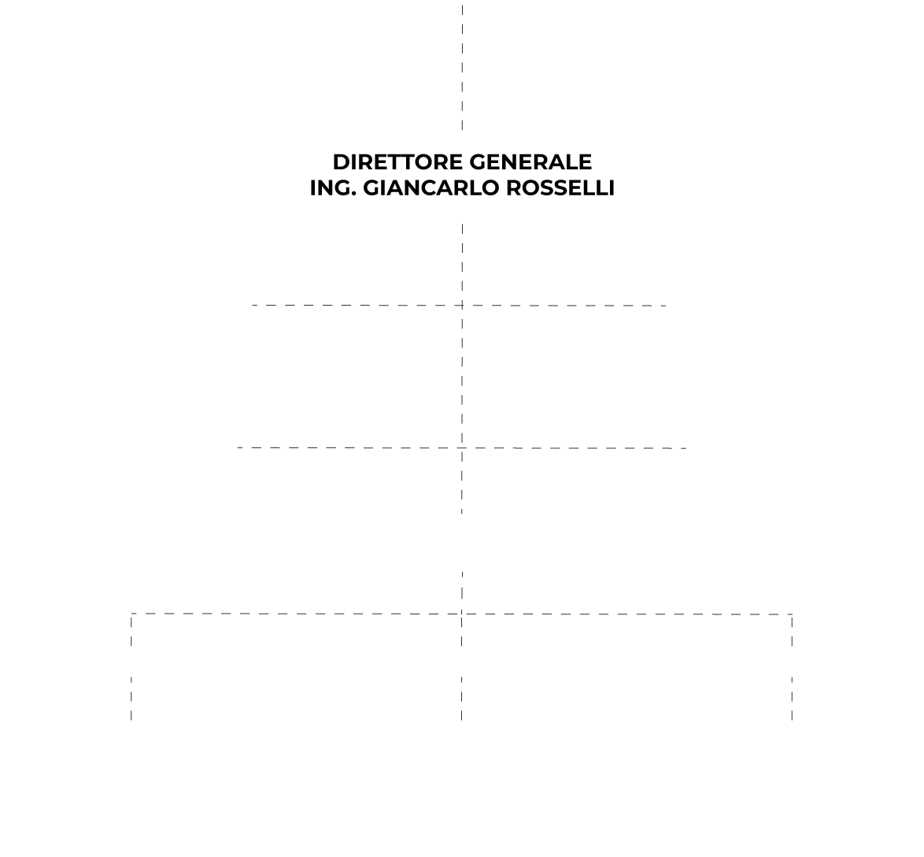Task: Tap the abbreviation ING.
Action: [333, 187]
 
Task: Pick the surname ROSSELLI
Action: [560, 187]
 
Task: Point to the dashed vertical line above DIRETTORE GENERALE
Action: [462, 67]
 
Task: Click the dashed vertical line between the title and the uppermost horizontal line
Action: [462, 264]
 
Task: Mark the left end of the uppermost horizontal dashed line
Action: [252, 305]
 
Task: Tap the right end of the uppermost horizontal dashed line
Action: [667, 306]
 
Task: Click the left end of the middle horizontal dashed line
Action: [238, 447]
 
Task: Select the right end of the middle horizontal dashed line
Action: [686, 448]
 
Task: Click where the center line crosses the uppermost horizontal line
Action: [462, 305]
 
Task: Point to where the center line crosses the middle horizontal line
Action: [462, 447]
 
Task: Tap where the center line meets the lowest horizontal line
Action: [462, 614]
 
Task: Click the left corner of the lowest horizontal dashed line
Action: [131, 614]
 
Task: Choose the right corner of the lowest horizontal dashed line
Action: [792, 614]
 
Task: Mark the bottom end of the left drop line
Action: [131, 720]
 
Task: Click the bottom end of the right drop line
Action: [792, 720]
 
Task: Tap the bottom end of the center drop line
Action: [462, 720]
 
